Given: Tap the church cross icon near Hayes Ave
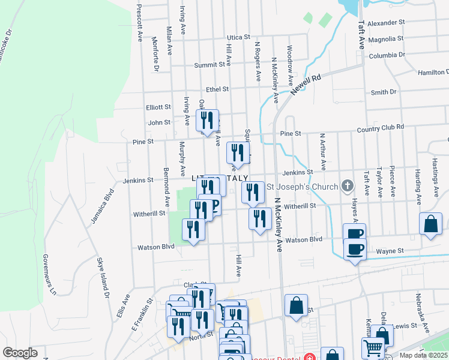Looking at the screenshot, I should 347,186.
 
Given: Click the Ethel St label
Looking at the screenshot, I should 217,89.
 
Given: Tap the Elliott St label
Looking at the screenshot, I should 158,107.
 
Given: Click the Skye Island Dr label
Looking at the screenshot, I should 103,278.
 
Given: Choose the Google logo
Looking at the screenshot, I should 20,353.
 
